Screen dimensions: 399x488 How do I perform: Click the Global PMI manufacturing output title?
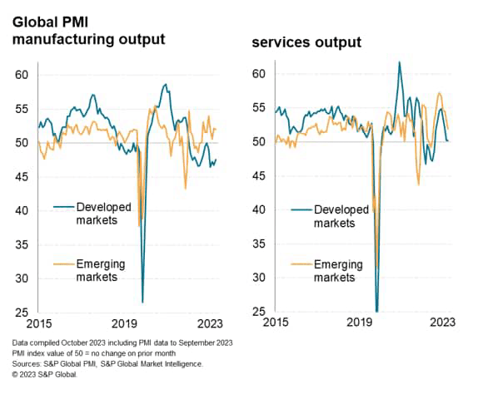[x=87, y=27]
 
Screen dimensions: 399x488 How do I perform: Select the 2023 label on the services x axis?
[x=440, y=324]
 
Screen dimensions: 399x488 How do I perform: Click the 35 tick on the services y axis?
[x=259, y=244]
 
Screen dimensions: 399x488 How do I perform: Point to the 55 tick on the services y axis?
[x=259, y=108]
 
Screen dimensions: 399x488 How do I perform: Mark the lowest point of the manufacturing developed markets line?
[x=142, y=302]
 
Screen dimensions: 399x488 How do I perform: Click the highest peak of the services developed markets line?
[x=400, y=62]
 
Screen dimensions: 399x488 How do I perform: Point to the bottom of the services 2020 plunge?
[x=377, y=311]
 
